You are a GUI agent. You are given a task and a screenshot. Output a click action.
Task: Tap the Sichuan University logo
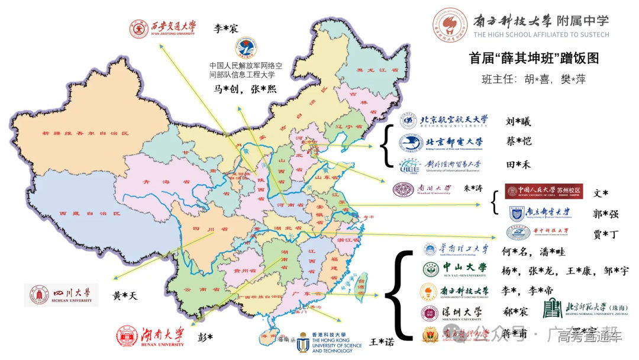click(61, 295)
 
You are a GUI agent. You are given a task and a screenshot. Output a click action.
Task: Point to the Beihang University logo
click(444, 121)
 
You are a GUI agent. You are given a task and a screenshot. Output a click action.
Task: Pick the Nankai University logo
click(422, 189)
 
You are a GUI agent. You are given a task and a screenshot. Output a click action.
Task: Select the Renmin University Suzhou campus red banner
click(543, 191)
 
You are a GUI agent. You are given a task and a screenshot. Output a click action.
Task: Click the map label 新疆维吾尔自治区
click(85, 134)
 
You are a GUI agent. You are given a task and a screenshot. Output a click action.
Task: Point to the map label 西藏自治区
click(89, 213)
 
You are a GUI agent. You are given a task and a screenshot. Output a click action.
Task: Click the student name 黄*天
click(125, 295)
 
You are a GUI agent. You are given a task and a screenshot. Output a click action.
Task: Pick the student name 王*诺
click(382, 342)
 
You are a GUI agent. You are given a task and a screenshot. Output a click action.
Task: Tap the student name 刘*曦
click(518, 122)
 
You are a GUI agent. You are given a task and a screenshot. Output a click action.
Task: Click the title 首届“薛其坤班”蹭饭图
click(534, 58)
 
